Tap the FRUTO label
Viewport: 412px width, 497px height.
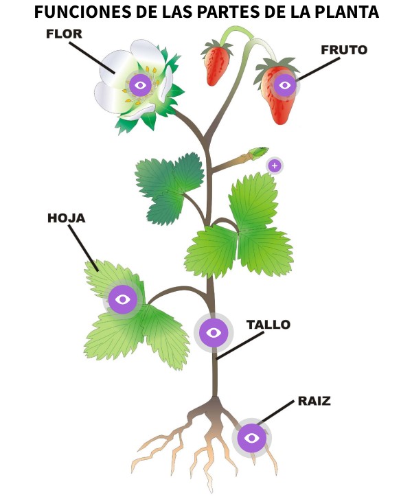tap(343, 49)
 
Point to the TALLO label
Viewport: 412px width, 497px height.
tap(268, 325)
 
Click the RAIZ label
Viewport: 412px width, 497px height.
tap(314, 401)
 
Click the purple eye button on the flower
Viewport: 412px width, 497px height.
tap(141, 85)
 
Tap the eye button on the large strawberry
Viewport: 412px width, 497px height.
tap(285, 86)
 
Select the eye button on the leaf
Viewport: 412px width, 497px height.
tap(123, 299)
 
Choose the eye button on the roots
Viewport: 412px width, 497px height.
tap(251, 437)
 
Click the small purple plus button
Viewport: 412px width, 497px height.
tap(274, 165)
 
